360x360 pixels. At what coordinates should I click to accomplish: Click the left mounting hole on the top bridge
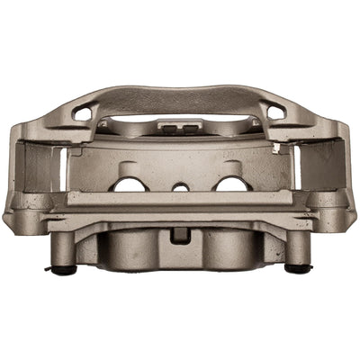pyautogui.click(x=84, y=113)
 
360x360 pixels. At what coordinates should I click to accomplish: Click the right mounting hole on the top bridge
pyautogui.click(x=275, y=112)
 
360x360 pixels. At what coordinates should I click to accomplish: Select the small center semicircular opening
pyautogui.click(x=181, y=186)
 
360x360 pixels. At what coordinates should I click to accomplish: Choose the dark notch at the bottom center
pyautogui.click(x=180, y=235)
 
